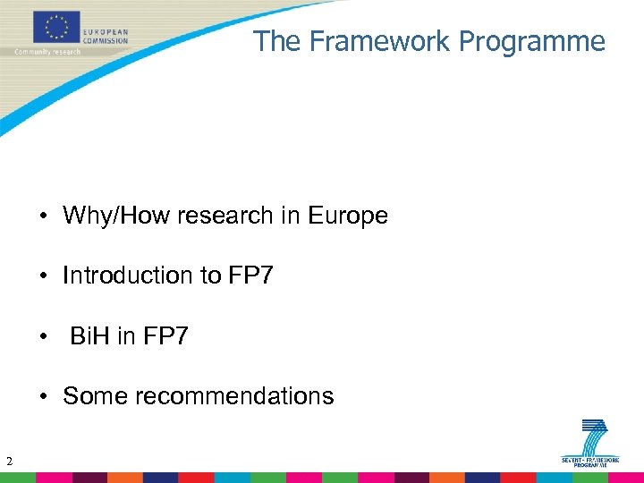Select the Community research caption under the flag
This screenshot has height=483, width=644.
pos(47,52)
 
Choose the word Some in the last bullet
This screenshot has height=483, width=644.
pos(95,396)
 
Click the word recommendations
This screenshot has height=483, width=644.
pos(233,396)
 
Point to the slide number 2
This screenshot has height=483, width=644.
pos(8,462)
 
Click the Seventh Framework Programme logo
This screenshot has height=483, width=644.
pos(590,442)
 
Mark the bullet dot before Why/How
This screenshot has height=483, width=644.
pos(43,216)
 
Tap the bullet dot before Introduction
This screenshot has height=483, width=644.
pos(43,276)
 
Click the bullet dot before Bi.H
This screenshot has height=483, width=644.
pos(43,337)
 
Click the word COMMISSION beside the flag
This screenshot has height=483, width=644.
pos(106,41)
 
